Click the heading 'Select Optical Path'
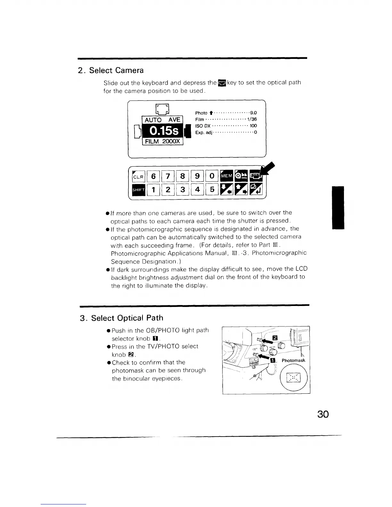pyautogui.click(x=127, y=318)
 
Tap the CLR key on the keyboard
pyautogui.click(x=139, y=176)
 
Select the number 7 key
pyautogui.click(x=168, y=176)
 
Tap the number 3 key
pyautogui.click(x=183, y=190)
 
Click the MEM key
pyautogui.click(x=226, y=176)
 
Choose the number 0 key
pyautogui.click(x=212, y=176)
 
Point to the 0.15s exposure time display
pyautogui.click(x=162, y=131)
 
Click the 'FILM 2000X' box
pyautogui.click(x=162, y=142)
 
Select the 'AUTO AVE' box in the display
pyautogui.click(x=162, y=120)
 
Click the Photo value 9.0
pyautogui.click(x=253, y=113)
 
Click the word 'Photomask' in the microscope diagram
pyautogui.click(x=293, y=360)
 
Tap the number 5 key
pyautogui.click(x=212, y=190)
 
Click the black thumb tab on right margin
pyautogui.click(x=338, y=207)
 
